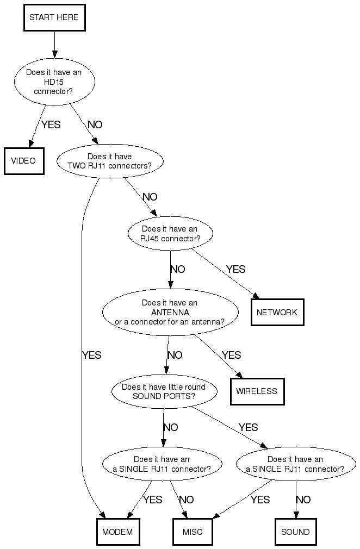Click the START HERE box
54,17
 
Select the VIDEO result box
23,161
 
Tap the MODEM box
117,532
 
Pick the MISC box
193,532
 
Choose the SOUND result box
295,532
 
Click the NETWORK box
277,313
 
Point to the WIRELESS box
257,391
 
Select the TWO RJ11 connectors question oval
109,161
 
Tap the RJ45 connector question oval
170,234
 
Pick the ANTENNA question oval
170,313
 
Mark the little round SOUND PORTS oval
164,391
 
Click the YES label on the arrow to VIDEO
51,124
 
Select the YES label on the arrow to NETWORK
235,269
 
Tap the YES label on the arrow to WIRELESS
231,355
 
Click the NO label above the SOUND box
303,500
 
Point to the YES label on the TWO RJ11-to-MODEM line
91,355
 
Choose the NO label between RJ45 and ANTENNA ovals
177,269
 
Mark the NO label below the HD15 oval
95,124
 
